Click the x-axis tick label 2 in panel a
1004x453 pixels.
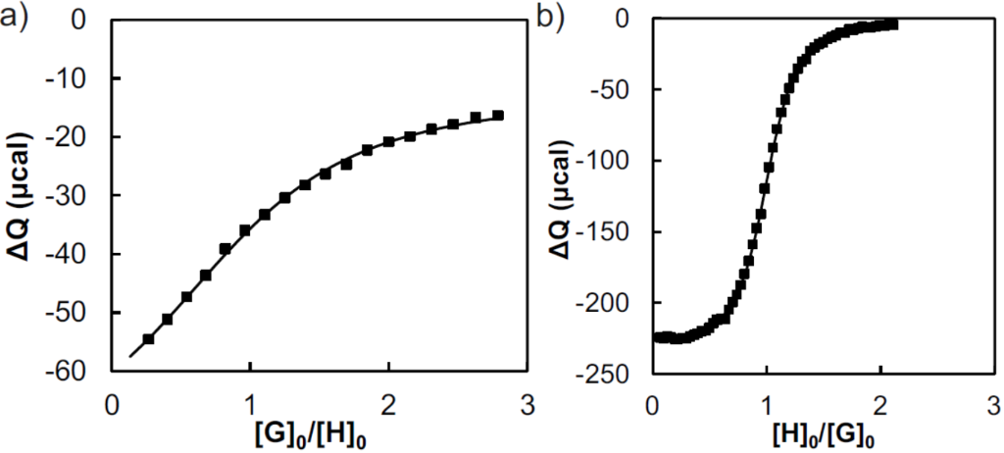tap(389, 403)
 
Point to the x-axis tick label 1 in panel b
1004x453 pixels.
tap(765, 403)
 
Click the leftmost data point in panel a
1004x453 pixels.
tap(148, 339)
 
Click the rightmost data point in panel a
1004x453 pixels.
tap(498, 116)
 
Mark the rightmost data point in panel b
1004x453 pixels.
tap(893, 24)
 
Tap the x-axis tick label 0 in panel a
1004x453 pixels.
tap(112, 403)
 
